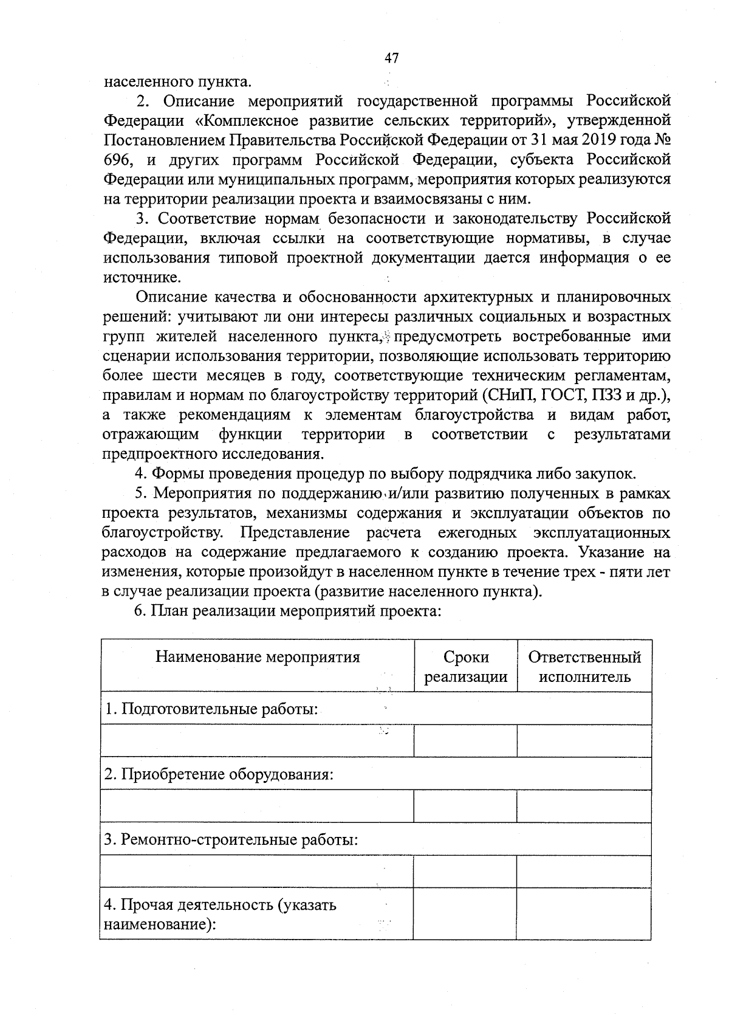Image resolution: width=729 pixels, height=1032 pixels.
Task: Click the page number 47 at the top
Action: tap(391, 58)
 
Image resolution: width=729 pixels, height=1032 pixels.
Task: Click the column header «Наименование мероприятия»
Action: tap(258, 657)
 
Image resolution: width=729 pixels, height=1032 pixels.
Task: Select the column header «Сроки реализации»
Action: tap(466, 667)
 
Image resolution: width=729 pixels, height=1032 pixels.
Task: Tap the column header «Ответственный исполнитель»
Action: tap(584, 667)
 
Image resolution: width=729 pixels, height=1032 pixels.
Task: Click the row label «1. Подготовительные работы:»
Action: tap(211, 709)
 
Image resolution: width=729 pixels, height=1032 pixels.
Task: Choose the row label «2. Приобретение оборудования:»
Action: tap(219, 774)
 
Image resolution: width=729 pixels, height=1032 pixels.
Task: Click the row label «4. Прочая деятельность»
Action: tap(220, 914)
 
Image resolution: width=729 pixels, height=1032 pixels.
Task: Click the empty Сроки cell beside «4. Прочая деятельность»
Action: tap(466, 913)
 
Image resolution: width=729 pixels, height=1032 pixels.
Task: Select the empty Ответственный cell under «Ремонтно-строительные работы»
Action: tap(584, 872)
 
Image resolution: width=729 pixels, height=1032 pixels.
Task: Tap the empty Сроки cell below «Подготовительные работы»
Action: tap(466, 740)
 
